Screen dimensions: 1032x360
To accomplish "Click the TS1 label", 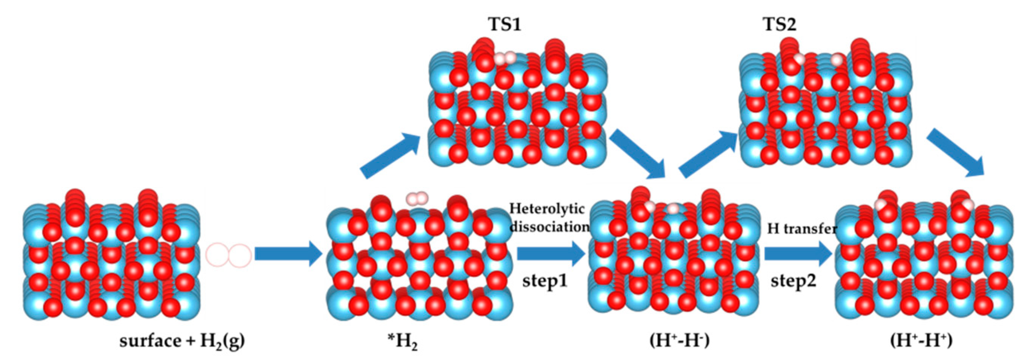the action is [x=504, y=25].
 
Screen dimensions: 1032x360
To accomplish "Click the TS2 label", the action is [x=779, y=25].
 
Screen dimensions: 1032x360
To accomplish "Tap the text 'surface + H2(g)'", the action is [x=182, y=342].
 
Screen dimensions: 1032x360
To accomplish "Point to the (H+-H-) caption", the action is [x=680, y=341].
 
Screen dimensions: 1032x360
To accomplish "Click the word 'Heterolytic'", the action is [x=547, y=208].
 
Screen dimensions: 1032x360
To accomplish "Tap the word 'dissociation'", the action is [x=549, y=227].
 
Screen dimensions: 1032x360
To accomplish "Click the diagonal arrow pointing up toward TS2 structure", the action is [x=708, y=154].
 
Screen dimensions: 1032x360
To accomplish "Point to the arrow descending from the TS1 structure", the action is [x=637, y=154].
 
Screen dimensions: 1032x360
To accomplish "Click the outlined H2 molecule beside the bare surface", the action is [x=229, y=255].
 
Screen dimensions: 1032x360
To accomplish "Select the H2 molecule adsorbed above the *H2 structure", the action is [x=417, y=198].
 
